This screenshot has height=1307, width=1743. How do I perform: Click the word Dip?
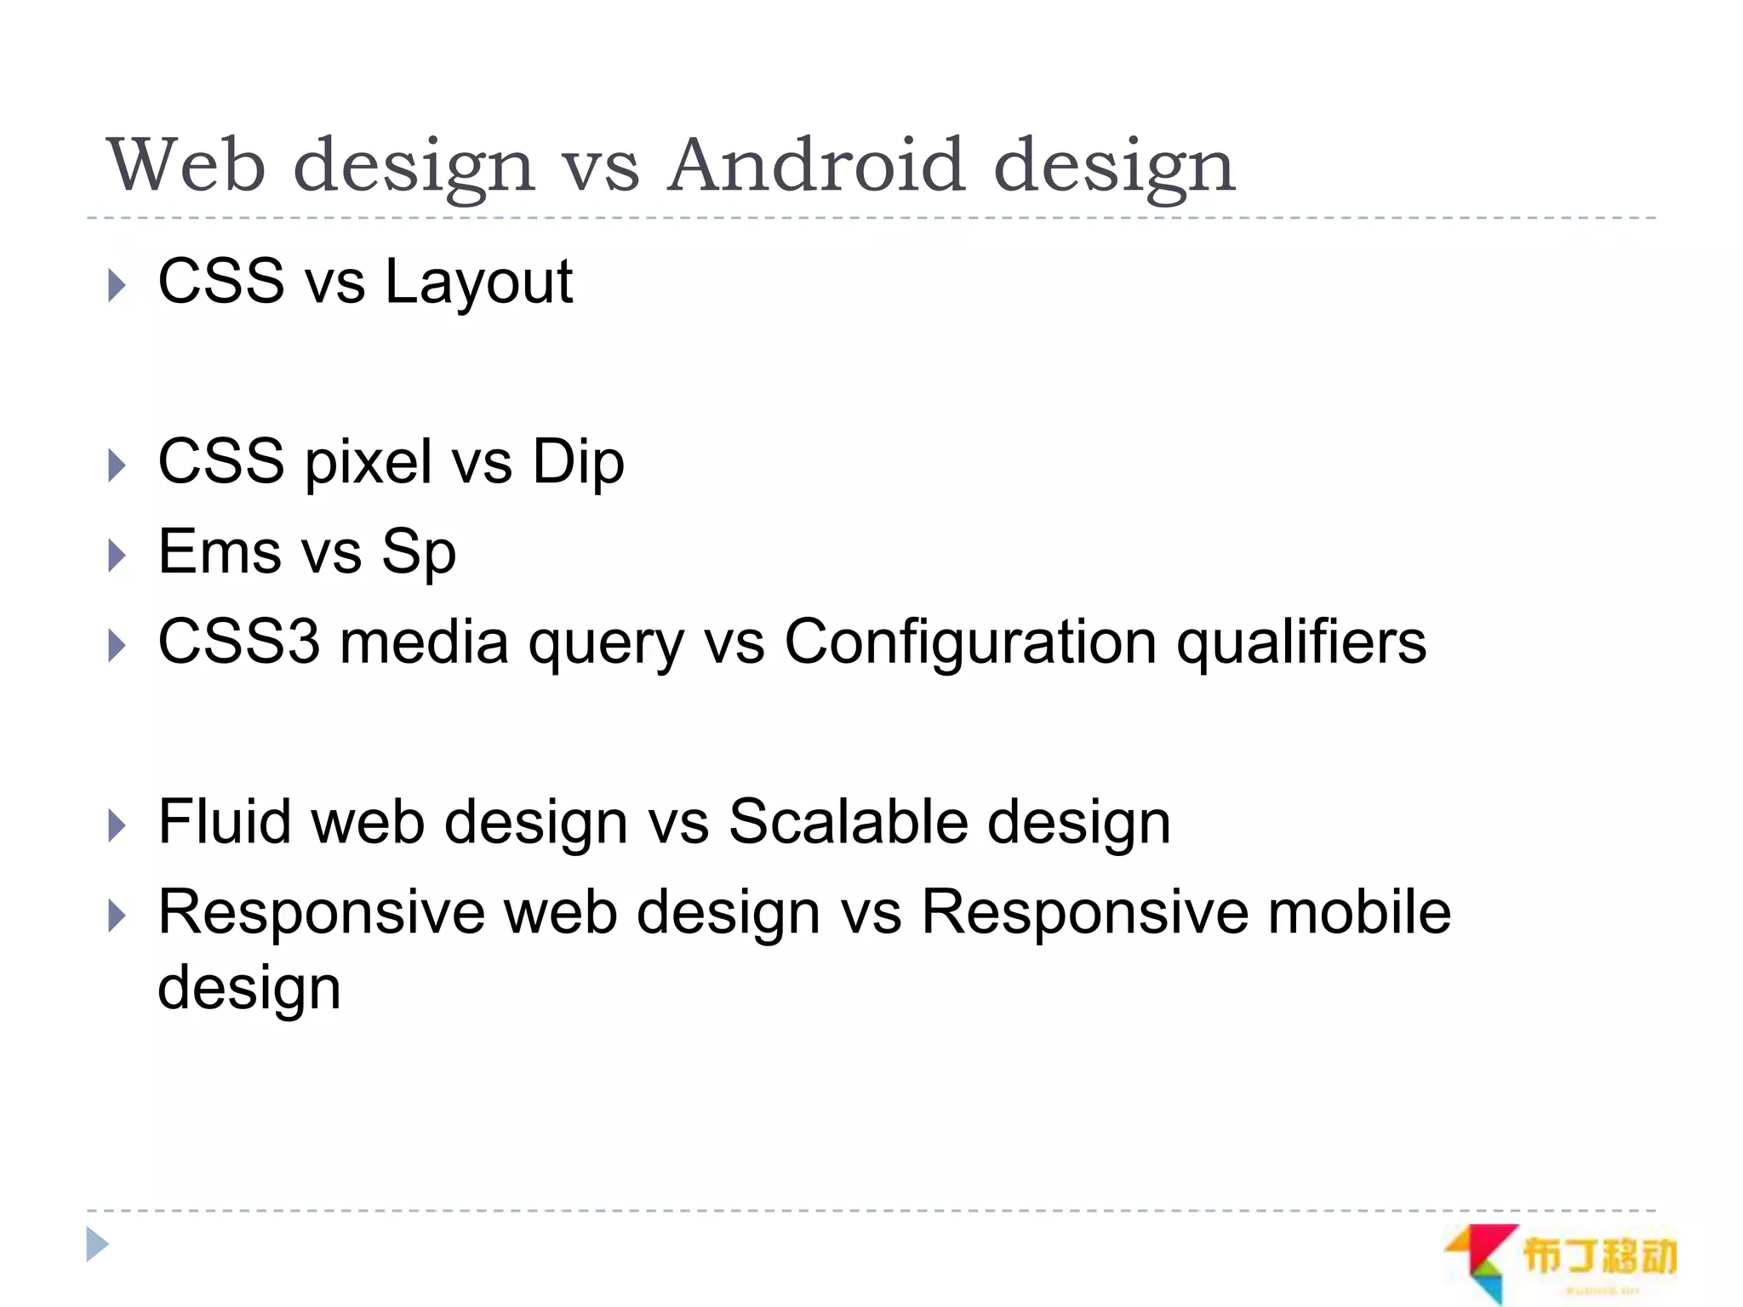click(578, 462)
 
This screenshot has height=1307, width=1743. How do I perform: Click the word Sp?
click(418, 553)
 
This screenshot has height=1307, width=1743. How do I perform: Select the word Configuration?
click(969, 643)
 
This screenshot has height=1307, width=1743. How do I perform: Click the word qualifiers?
click(1300, 643)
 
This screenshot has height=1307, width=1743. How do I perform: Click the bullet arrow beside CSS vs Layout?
click(117, 285)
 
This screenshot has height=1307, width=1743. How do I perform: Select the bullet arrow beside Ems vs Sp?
click(117, 556)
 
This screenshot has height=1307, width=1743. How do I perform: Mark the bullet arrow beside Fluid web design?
click(117, 826)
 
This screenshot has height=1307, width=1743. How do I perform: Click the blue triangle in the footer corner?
click(97, 1245)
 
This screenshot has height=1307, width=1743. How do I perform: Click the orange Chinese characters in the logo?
click(1598, 1257)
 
